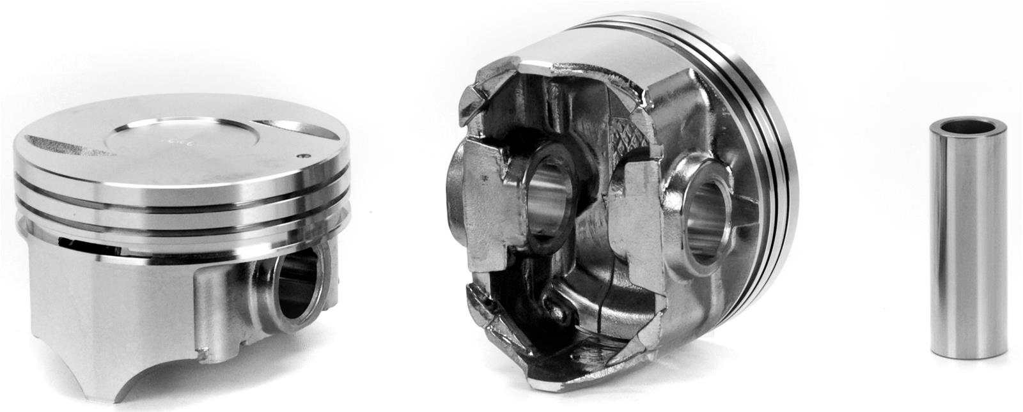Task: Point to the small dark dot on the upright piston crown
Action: (x=305, y=155)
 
